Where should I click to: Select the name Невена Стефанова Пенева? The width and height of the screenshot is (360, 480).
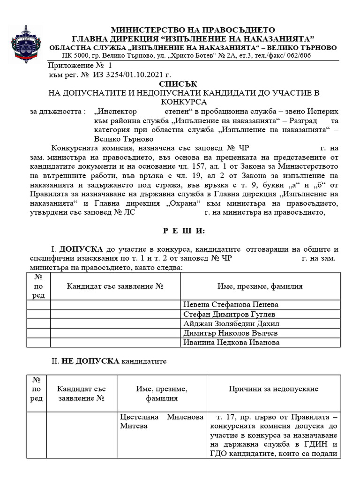click(231, 304)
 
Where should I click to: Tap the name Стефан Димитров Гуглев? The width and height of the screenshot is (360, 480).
click(229, 314)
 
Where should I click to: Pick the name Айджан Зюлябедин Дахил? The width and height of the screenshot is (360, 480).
click(231, 323)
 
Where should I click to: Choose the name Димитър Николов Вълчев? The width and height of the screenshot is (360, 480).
click(230, 333)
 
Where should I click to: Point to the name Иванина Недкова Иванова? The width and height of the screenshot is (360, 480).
click(232, 342)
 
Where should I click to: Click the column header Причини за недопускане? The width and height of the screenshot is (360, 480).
click(273, 389)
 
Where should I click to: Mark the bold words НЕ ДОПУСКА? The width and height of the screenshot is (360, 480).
click(91, 362)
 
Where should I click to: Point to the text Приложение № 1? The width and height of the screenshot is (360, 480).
click(80, 66)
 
